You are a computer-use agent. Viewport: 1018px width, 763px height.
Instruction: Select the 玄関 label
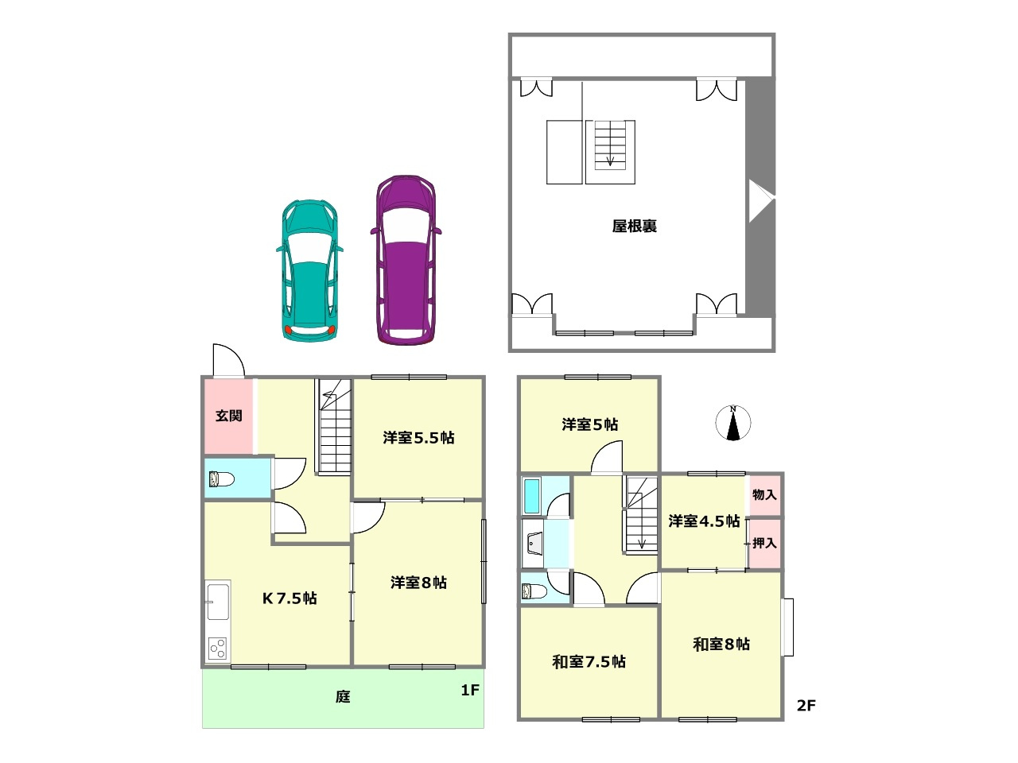tap(228, 416)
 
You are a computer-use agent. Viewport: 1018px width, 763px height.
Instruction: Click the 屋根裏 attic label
tap(634, 227)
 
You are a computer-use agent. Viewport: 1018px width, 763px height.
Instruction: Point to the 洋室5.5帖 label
tap(418, 437)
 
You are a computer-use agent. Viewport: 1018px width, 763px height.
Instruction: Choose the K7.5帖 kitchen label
tap(289, 598)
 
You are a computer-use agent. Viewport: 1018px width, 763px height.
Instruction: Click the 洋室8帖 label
tap(418, 583)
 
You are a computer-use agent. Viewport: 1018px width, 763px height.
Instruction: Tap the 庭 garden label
tap(342, 697)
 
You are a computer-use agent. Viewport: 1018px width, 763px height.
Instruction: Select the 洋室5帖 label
tap(589, 424)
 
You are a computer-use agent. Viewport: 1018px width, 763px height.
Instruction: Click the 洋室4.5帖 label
tap(703, 521)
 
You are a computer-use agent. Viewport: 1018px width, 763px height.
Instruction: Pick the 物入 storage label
tap(764, 494)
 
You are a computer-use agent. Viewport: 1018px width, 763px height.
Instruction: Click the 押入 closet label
tap(764, 544)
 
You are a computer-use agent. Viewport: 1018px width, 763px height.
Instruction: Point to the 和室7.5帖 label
tap(589, 661)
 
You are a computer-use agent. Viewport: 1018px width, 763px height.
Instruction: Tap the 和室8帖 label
tap(721, 644)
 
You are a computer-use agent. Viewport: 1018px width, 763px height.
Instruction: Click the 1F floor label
tap(470, 690)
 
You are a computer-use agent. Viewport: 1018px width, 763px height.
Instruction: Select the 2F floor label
tap(806, 705)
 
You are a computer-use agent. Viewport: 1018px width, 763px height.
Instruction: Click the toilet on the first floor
tap(220, 479)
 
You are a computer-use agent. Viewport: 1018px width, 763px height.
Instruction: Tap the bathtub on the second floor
tap(532, 496)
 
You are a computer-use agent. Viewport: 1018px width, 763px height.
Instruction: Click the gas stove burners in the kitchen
tap(217, 649)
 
